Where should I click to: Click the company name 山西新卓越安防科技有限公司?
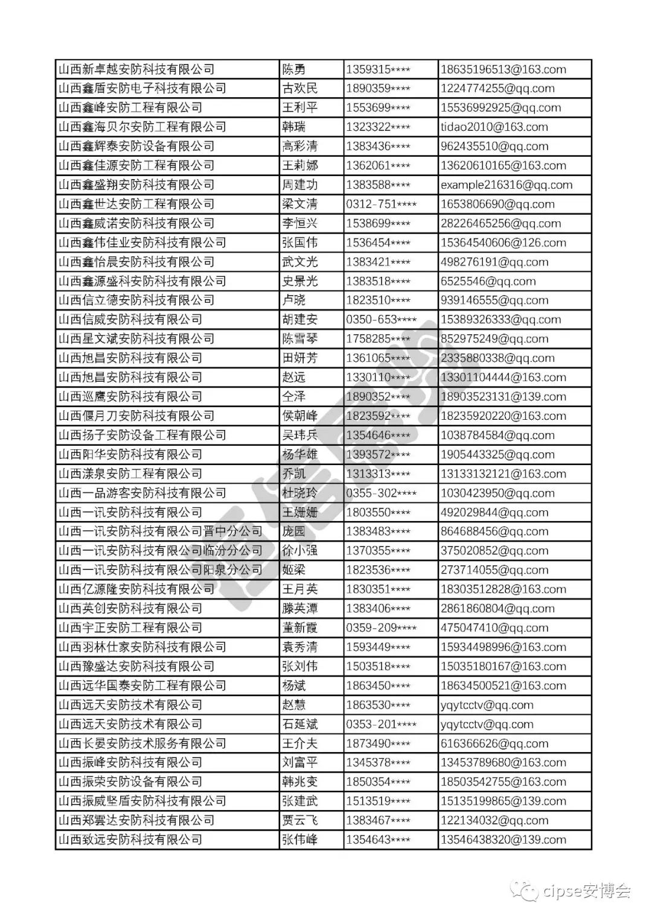coord(136,69)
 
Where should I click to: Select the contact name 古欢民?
coord(299,89)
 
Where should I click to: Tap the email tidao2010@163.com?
coord(494,127)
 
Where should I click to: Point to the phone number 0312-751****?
coord(381,204)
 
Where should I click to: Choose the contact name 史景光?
coord(299,281)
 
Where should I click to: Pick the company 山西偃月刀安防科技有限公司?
coord(136,416)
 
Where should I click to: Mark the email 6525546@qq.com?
coord(488,281)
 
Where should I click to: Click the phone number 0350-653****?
coord(381,320)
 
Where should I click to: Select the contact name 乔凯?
coord(294,473)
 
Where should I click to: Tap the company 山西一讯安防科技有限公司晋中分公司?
coord(160,531)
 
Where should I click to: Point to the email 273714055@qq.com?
coord(494,570)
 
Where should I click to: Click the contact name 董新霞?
coord(299,628)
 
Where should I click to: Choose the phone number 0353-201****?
coord(381,724)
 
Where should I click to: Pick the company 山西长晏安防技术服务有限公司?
coord(142,744)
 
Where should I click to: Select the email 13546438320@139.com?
coord(503,840)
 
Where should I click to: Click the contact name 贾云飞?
coord(299,820)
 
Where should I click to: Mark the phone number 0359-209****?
coord(381,628)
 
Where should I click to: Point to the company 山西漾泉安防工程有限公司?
coord(130,473)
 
